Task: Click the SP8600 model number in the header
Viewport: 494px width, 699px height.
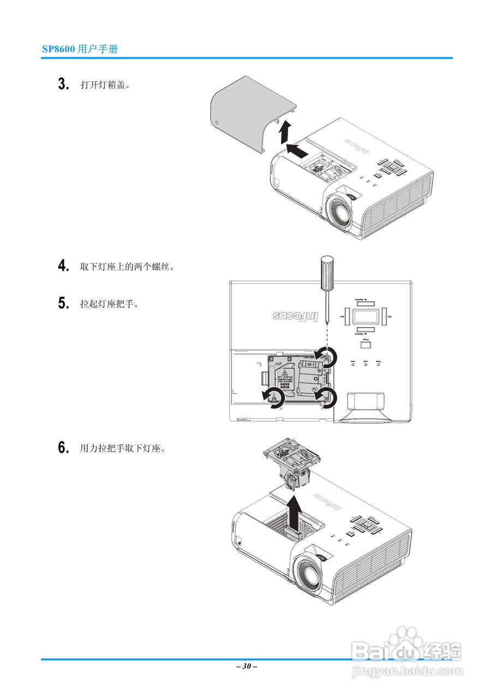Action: tap(59, 49)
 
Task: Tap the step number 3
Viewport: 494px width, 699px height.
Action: tap(64, 85)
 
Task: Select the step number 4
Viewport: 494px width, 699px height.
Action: tap(64, 266)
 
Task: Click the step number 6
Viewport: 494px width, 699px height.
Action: tap(64, 448)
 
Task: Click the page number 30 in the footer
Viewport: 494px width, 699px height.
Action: tap(247, 666)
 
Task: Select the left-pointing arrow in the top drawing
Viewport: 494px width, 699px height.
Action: tap(296, 150)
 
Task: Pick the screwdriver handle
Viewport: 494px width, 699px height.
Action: tap(326, 273)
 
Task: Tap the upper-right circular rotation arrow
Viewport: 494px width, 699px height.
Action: tap(328, 357)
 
